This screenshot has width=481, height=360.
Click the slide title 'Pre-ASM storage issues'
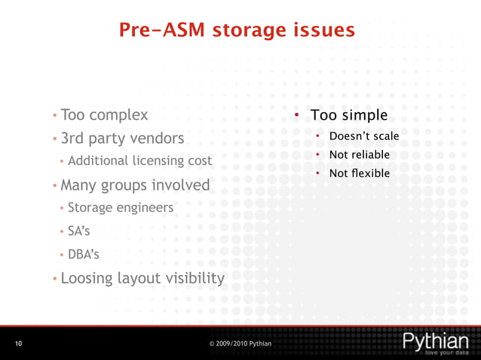(237, 30)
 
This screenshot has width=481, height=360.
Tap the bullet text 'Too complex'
(104, 116)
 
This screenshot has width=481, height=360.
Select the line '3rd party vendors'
(122, 139)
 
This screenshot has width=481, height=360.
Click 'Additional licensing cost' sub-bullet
(139, 161)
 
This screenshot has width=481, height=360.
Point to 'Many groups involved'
(135, 185)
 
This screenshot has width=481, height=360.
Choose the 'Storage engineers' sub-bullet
(121, 207)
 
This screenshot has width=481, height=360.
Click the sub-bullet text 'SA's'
(79, 231)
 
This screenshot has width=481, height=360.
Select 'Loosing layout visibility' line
(142, 278)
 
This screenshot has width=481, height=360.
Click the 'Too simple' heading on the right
(349, 116)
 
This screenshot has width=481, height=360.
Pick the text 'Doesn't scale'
(363, 136)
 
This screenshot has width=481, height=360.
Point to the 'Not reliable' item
(360, 155)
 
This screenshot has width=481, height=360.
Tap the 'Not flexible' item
(360, 174)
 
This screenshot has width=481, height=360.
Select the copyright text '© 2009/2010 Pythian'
(240, 344)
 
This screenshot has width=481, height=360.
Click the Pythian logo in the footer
(436, 340)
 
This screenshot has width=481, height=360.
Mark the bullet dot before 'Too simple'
(298, 115)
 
